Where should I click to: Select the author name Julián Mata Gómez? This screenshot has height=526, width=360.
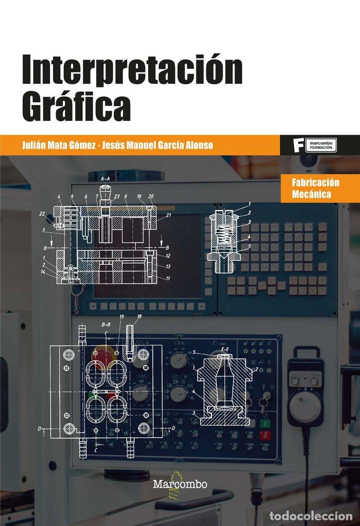[x=58, y=146]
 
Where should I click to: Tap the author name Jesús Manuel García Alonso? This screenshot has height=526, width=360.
[x=156, y=146]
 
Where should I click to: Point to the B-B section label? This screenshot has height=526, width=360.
[x=106, y=324]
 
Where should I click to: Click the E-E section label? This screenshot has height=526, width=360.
[x=225, y=350]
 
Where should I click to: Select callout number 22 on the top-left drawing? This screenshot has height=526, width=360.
[x=42, y=213]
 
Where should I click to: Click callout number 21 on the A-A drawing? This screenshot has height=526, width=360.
[x=168, y=215]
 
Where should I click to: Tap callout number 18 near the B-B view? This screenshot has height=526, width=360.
[x=139, y=316]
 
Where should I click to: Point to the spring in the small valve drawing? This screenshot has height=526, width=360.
[x=224, y=227]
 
